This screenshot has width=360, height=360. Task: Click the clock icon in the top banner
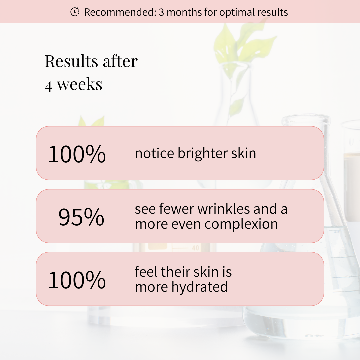coord(75,12)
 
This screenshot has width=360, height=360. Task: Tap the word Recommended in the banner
coord(120,12)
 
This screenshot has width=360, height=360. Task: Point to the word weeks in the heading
coord(79,84)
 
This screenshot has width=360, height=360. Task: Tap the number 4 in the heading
coord(48,86)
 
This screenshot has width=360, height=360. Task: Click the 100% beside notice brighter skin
coord(77,154)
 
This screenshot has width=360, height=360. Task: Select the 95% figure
coord(81,217)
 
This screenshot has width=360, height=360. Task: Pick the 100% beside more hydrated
coord(77,280)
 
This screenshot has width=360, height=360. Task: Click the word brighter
coord(203,154)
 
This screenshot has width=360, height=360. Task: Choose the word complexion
coord(241,224)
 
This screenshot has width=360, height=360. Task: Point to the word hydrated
coord(200,287)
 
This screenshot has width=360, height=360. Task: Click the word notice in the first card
coord(155,153)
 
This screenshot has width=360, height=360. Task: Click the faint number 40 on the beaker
coord(195,248)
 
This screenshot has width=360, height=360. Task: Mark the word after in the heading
coord(120,61)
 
